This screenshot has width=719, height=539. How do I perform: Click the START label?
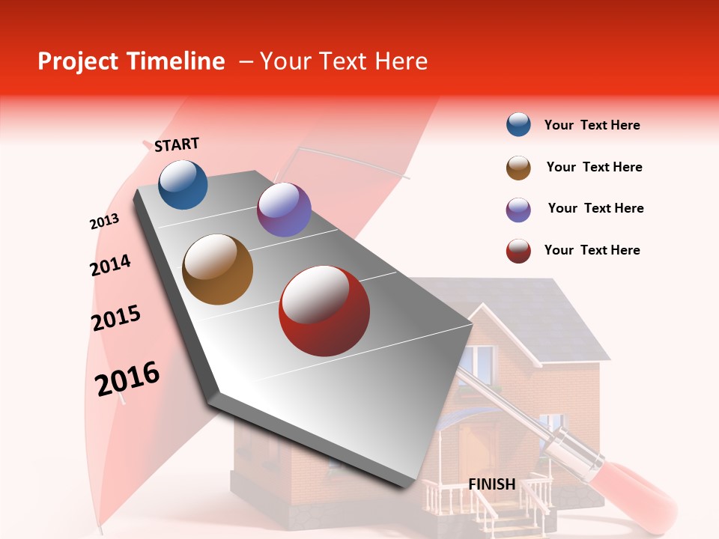pyautogui.click(x=177, y=144)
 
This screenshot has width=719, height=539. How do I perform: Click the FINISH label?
pyautogui.click(x=492, y=484)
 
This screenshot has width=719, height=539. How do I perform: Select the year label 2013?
pyautogui.click(x=104, y=222)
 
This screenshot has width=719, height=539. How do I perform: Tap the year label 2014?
pyautogui.click(x=110, y=265)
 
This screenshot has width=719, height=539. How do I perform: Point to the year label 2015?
pyautogui.click(x=116, y=318)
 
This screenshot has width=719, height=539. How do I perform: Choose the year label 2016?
pyautogui.click(x=127, y=378)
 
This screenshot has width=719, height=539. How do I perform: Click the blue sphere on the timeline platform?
pyautogui.click(x=183, y=184)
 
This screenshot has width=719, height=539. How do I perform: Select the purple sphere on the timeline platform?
pyautogui.click(x=284, y=210)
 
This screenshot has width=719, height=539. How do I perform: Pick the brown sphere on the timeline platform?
pyautogui.click(x=218, y=269)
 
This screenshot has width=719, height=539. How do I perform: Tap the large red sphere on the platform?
pyautogui.click(x=324, y=311)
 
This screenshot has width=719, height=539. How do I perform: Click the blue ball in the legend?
pyautogui.click(x=518, y=125)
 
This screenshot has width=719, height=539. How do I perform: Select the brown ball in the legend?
pyautogui.click(x=518, y=168)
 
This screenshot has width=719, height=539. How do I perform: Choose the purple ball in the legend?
pyautogui.click(x=518, y=210)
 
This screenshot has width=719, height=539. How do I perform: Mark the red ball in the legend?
pyautogui.click(x=518, y=251)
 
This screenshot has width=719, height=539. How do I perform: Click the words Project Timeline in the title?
pyautogui.click(x=131, y=61)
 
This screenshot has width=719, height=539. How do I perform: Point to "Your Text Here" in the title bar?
pyautogui.click(x=343, y=61)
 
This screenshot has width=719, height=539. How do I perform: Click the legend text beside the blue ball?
pyautogui.click(x=592, y=125)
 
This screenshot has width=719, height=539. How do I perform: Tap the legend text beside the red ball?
pyautogui.click(x=592, y=250)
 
